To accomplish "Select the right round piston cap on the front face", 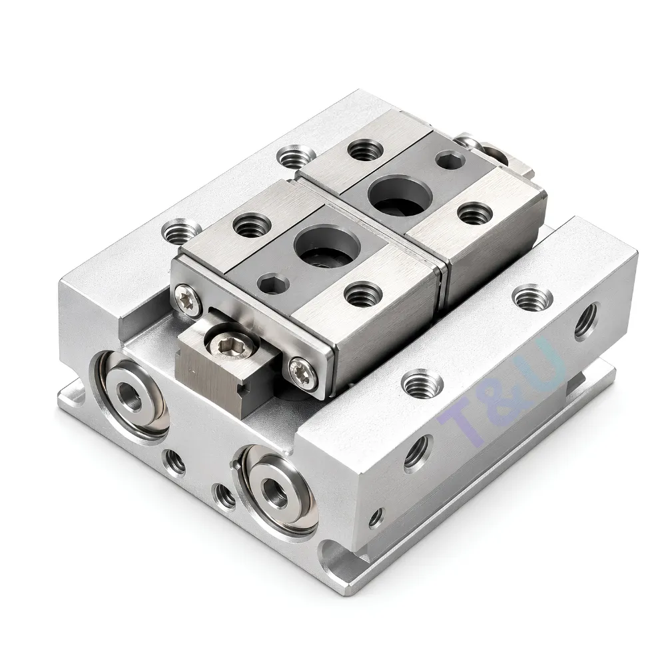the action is pyautogui.click(x=276, y=489).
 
